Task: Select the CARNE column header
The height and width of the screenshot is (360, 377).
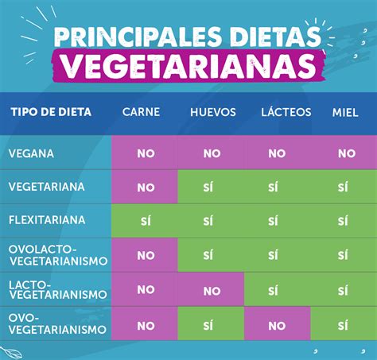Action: point(142,112)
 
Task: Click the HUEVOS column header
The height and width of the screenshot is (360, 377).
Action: point(212,112)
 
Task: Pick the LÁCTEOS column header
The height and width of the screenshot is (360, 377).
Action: point(285,112)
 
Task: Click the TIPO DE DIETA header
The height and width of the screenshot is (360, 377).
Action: point(51,111)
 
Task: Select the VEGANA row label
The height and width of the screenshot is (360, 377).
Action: point(32,153)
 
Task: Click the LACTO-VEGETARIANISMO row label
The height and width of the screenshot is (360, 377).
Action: point(57,289)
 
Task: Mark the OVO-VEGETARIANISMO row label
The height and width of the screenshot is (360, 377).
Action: point(57,324)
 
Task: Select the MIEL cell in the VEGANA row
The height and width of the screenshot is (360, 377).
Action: point(347,153)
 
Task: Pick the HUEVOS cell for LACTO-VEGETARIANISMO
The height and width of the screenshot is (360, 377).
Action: point(212,291)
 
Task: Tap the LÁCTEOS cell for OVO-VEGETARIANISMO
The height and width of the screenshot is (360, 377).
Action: point(276,326)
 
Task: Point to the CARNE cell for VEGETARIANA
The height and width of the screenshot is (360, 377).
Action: point(146,188)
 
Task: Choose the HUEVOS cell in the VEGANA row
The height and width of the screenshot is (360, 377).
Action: point(212,153)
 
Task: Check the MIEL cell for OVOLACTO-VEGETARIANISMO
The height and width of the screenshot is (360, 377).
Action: point(344,256)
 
